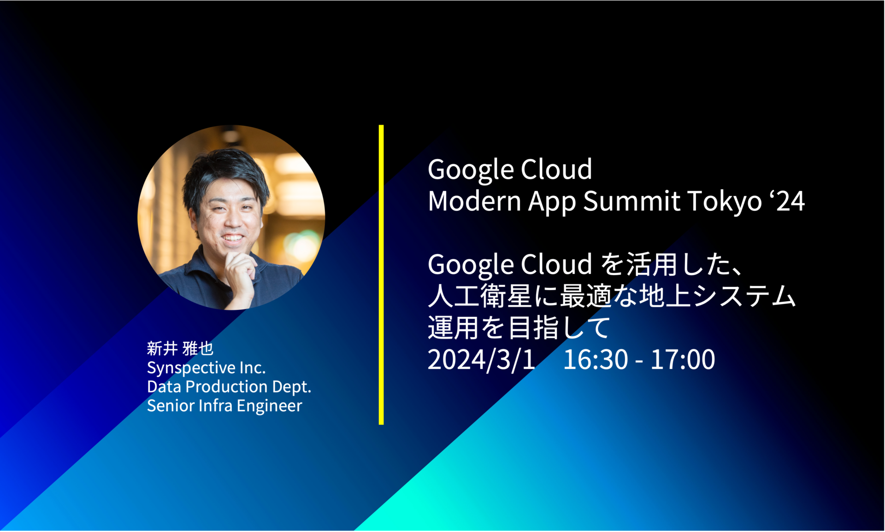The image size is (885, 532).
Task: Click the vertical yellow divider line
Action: [x=381, y=275]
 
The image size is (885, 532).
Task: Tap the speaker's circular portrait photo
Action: [x=231, y=217]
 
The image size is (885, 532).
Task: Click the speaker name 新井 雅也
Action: [x=180, y=348]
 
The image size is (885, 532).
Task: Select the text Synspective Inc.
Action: [x=206, y=368]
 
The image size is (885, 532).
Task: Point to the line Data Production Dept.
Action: [x=229, y=387]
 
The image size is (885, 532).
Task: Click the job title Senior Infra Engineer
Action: [x=224, y=406]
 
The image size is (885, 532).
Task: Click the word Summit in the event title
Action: [x=631, y=201]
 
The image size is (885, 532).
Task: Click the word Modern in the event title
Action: [x=474, y=201]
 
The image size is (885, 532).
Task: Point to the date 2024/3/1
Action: [x=481, y=360]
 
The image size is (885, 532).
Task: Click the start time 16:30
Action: [x=596, y=360]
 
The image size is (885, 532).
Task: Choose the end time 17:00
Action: [x=683, y=360]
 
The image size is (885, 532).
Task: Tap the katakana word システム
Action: [x=744, y=296]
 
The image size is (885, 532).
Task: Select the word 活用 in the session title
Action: [x=650, y=264]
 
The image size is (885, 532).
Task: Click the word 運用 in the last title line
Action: [x=454, y=328]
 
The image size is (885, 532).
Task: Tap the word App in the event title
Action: [x=552, y=203]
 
